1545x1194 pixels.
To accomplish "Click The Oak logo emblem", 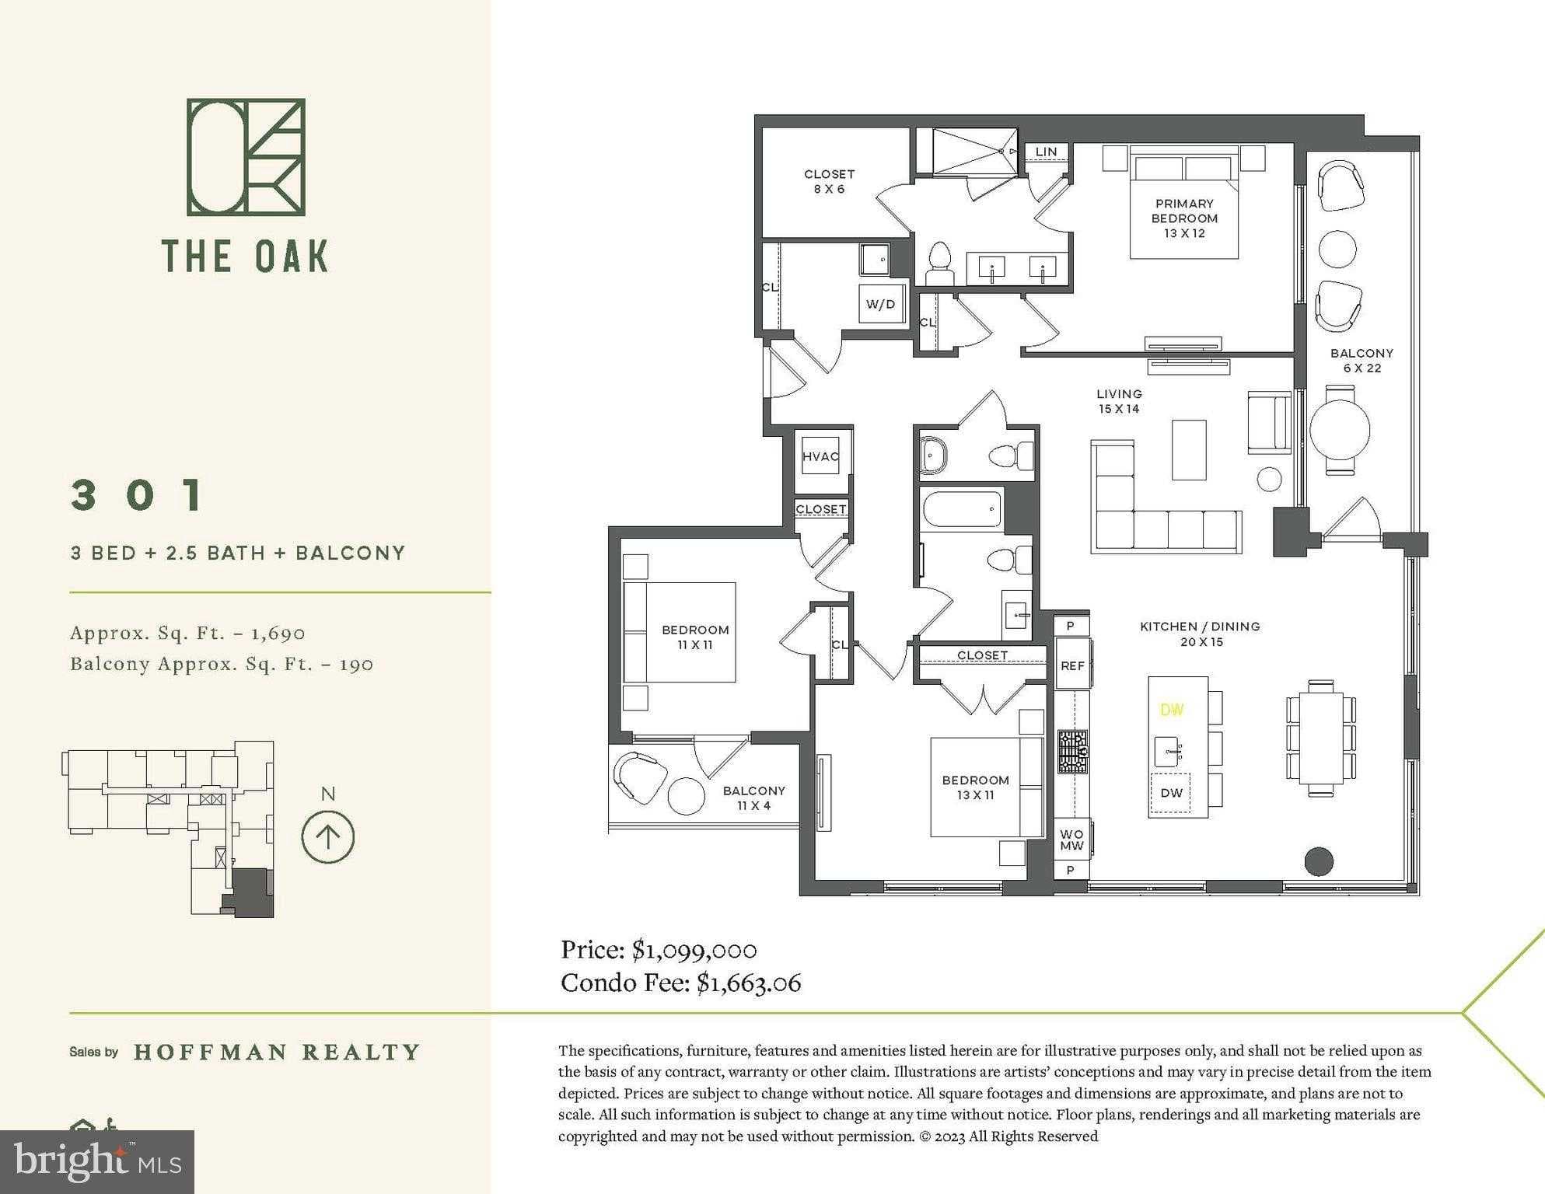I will coord(246,157).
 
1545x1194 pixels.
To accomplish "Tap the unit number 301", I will coord(138,495).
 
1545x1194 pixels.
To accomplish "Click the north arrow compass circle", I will coord(328,837).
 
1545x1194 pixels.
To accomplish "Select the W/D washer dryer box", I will coord(880,304).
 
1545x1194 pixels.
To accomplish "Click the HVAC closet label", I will coord(820,456).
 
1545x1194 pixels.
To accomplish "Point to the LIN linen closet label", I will coord(1046,152).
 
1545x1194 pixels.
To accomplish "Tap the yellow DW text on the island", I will coord(1172,710).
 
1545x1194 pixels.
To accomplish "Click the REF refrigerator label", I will coord(1072,665).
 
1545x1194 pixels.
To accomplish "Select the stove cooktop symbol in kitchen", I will coord(1072,752).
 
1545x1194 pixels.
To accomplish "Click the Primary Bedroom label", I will coord(1184,218).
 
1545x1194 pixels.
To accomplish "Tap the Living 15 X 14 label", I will coord(1119,401).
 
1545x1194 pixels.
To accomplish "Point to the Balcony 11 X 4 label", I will coord(753,798).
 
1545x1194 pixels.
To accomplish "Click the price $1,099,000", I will coord(694,950).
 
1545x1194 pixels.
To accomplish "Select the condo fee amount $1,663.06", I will coord(748,983).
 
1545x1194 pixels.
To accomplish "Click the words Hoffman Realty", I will coord(277,1053).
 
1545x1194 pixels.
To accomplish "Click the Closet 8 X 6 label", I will coord(829,181).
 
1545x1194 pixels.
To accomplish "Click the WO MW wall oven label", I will coord(1071,840).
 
